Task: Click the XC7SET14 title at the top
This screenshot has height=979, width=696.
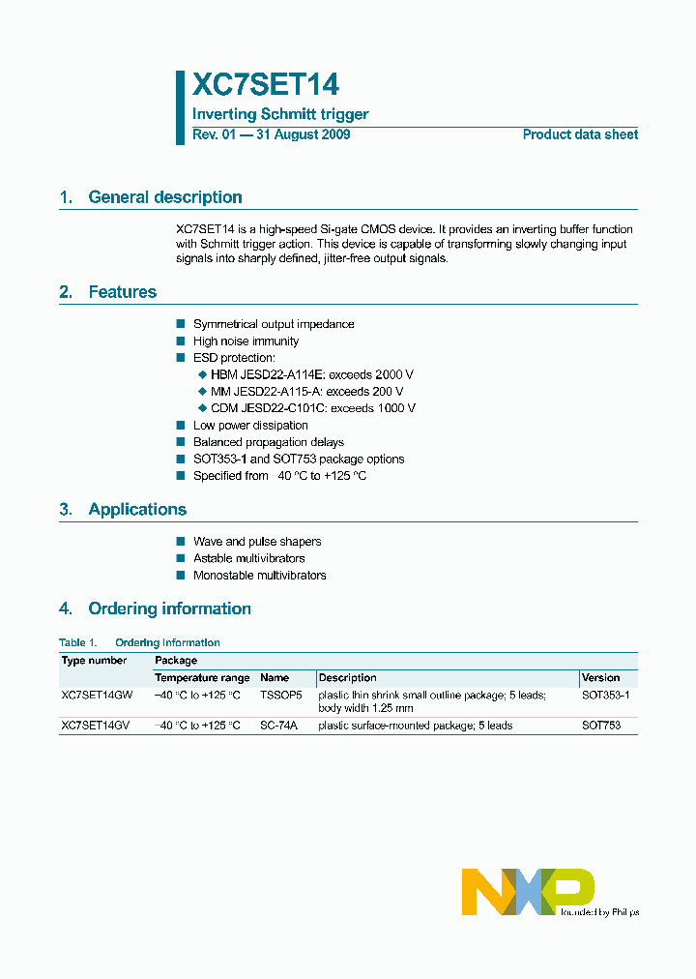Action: click(266, 85)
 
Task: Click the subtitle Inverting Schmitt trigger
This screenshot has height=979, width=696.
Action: click(280, 114)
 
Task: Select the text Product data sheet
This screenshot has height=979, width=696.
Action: click(580, 134)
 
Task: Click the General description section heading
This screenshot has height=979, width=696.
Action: click(164, 197)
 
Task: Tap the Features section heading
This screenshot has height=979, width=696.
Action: click(122, 292)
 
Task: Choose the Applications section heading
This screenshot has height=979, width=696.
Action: click(137, 510)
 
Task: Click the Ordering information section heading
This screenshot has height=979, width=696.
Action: click(169, 608)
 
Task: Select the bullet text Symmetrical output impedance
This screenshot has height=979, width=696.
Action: click(274, 324)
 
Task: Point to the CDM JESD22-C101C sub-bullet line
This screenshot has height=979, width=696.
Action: click(312, 408)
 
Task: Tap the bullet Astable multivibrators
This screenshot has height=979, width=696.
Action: click(248, 558)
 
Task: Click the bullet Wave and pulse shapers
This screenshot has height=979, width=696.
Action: click(257, 542)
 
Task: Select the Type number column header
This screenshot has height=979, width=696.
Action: click(94, 660)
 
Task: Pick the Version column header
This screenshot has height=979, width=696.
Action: click(600, 677)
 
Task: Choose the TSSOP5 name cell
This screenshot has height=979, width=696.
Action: click(281, 695)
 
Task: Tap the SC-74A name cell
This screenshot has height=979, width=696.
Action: click(279, 725)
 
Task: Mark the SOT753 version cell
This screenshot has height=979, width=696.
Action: click(600, 725)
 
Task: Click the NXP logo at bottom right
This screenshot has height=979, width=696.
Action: click(528, 891)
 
